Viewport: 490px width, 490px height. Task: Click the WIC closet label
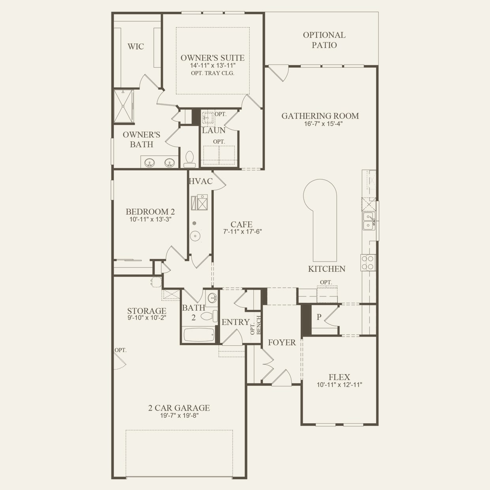point(136,47)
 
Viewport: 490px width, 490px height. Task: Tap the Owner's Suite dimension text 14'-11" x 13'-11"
point(213,65)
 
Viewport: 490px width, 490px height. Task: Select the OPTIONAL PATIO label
point(324,40)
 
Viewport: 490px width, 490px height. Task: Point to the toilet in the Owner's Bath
point(189,159)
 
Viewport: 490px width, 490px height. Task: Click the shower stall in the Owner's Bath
point(124,106)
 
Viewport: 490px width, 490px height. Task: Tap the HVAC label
point(201,181)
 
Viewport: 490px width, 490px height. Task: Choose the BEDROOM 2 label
point(150,211)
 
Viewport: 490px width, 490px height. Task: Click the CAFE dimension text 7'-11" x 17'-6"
point(242,232)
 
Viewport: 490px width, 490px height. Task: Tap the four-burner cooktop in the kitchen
point(368,263)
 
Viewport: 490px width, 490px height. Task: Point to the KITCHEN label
point(327,269)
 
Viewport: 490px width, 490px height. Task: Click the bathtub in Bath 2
point(199,335)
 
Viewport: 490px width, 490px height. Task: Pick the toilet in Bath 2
point(209,316)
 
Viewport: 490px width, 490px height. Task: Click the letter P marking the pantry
point(319,317)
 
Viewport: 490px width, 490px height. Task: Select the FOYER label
point(282,343)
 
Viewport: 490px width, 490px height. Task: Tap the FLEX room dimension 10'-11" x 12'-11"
point(339,385)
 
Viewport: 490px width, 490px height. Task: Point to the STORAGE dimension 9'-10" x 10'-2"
point(147,318)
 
